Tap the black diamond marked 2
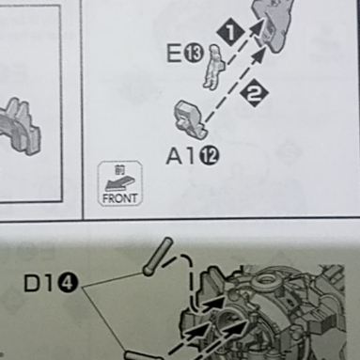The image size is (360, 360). point(255,94)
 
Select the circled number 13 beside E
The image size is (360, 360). point(194,55)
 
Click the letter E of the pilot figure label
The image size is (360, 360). point(174,54)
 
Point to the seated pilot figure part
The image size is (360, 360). point(214,66)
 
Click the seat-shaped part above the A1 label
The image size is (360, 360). point(190,119)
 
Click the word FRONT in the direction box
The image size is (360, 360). point(119,197)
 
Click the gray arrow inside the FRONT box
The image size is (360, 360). point(120,183)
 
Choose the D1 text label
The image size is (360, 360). point(39,284)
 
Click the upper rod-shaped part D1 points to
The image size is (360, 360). point(157,257)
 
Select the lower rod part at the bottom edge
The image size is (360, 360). point(143,355)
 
